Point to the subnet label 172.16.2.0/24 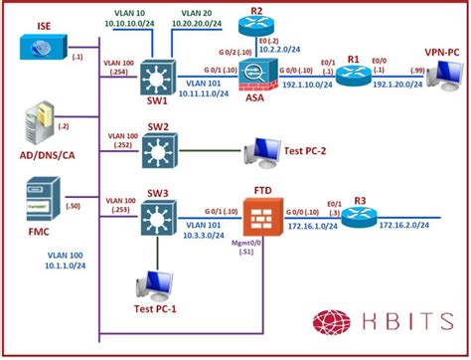[403, 227]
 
